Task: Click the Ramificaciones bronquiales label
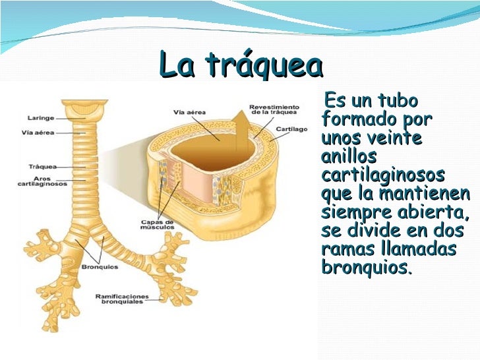[x=122, y=299]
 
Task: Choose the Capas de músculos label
[x=156, y=225]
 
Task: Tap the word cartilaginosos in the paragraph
[x=383, y=176]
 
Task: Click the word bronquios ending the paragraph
[x=365, y=269]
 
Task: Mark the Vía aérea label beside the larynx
[x=37, y=133]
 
